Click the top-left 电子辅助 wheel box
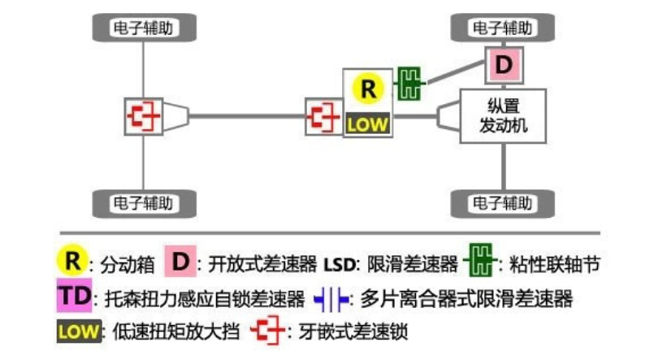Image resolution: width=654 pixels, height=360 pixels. click(144, 28)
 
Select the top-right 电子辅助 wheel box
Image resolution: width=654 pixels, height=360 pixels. click(504, 28)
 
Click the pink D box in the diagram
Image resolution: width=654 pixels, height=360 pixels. click(504, 65)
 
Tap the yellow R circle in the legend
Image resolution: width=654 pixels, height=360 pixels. click(73, 262)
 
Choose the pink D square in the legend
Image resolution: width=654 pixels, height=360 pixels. click(180, 262)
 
